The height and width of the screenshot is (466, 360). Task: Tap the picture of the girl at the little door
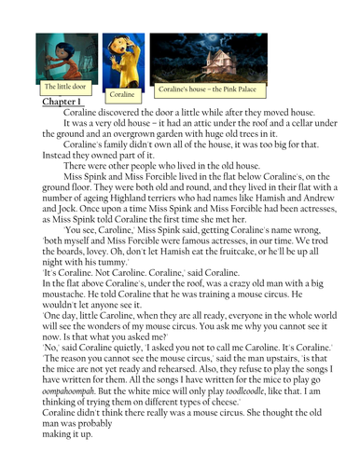click(x=64, y=56)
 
